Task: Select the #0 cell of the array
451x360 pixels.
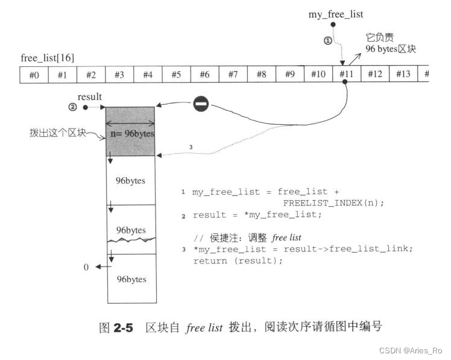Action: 34,74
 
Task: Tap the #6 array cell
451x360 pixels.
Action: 204,74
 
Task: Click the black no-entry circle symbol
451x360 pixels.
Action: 201,104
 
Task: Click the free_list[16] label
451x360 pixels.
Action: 48,58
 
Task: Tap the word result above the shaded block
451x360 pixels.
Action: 90,96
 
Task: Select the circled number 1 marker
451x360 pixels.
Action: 328,41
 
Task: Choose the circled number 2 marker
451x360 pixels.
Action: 73,107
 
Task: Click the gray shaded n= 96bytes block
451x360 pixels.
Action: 131,131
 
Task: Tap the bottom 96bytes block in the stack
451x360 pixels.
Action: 131,279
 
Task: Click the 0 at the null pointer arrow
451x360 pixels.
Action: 86,267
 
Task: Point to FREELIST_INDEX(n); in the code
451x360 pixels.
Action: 333,202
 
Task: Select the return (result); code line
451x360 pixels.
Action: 238,261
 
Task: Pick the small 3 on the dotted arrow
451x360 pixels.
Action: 191,147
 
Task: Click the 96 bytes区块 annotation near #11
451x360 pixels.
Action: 389,49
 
